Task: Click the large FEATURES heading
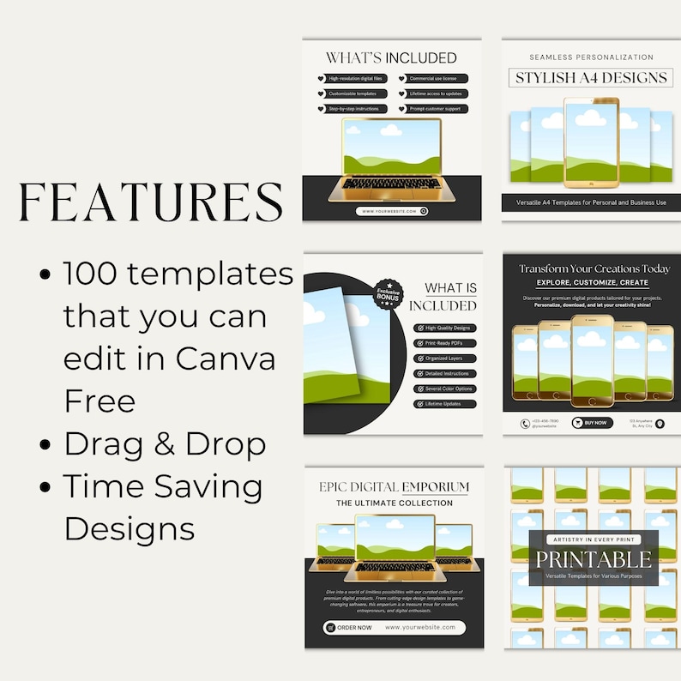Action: (151, 203)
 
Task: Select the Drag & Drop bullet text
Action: (165, 444)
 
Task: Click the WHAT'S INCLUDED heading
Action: (391, 58)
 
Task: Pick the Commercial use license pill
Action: (432, 79)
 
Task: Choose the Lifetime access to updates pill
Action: (432, 94)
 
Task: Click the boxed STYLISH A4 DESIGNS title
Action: (591, 78)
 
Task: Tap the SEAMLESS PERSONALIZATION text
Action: (591, 57)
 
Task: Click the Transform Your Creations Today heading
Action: (594, 268)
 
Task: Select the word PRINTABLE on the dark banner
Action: (594, 560)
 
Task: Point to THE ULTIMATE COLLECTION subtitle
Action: (393, 503)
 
